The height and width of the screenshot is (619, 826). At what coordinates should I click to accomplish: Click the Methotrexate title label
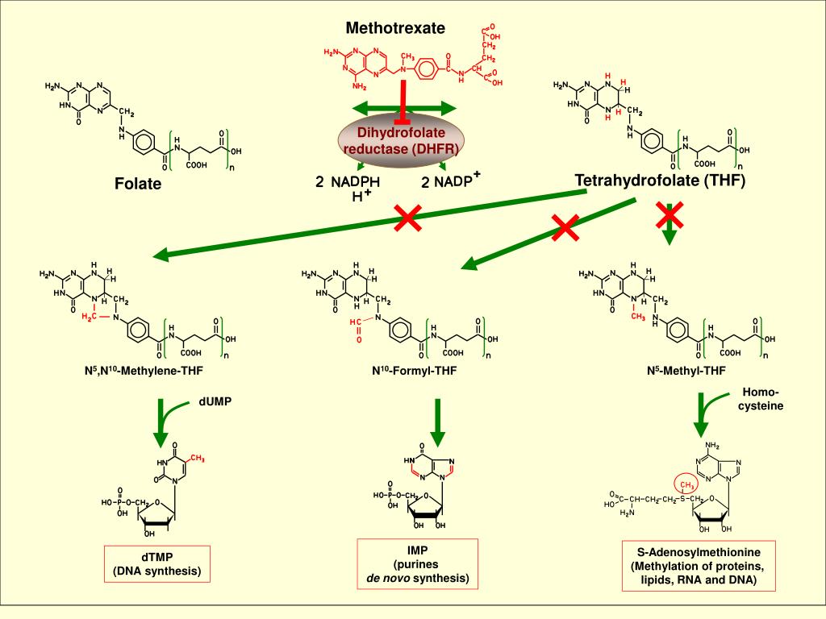tap(395, 28)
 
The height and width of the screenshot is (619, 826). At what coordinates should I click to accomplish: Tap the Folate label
tap(138, 184)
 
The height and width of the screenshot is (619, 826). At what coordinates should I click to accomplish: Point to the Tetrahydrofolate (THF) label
tap(660, 180)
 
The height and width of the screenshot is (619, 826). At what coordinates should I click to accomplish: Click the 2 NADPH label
tap(348, 182)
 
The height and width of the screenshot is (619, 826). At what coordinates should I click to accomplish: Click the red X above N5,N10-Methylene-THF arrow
tap(408, 218)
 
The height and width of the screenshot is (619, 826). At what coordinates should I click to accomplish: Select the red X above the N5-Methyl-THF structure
tap(670, 215)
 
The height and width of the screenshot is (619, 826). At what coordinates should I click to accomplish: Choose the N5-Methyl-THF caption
tap(686, 372)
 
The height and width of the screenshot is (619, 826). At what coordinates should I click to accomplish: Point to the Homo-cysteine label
tap(761, 399)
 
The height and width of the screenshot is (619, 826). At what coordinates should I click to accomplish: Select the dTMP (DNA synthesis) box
tap(156, 565)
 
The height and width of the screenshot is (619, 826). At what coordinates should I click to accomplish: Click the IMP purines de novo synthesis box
tap(418, 564)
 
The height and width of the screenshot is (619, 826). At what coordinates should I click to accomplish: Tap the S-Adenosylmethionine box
tap(693, 567)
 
